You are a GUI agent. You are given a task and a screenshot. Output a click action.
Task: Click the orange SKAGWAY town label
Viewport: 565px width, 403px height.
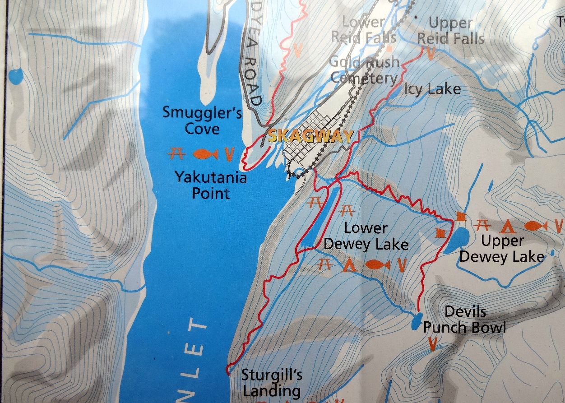(x=310, y=136)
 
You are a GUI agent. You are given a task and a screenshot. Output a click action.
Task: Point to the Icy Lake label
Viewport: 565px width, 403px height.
(x=431, y=89)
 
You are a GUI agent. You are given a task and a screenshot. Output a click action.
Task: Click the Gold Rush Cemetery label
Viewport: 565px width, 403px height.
(x=365, y=70)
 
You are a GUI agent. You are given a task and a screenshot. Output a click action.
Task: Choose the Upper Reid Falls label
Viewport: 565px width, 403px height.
(x=450, y=30)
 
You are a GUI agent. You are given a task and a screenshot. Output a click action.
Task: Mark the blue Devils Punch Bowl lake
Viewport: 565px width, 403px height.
(x=417, y=321)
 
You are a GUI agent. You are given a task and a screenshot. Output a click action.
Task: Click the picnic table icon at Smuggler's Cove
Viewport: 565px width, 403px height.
(x=176, y=154)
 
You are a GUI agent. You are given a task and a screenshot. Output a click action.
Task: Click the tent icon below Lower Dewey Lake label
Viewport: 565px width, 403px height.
(x=347, y=265)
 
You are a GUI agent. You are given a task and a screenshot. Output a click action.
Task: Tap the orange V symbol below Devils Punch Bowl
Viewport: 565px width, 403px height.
(x=432, y=344)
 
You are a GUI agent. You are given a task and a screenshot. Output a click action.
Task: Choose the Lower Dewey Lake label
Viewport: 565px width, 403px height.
(x=366, y=236)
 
